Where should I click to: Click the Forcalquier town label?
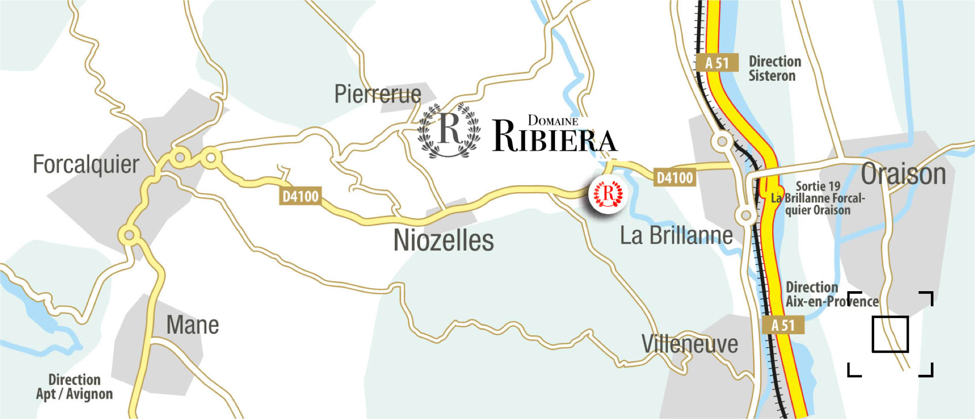[86, 164]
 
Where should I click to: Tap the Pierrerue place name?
[378, 94]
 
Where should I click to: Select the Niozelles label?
[443, 240]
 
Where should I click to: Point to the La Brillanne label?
[677, 235]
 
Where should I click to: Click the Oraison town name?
[904, 174]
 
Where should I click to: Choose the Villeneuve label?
[690, 344]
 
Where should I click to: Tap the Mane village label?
[193, 325]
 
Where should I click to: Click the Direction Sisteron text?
[775, 68]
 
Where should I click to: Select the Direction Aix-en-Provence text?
[832, 295]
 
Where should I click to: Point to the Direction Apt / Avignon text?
[74, 387]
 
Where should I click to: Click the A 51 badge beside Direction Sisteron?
[717, 63]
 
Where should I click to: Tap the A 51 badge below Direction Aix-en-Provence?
[783, 325]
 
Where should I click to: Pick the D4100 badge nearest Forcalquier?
[301, 196]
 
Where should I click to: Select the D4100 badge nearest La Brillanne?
[674, 178]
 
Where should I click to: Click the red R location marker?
[608, 194]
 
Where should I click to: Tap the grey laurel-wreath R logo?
[449, 130]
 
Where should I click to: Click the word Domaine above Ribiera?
[553, 121]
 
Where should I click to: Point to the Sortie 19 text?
[817, 186]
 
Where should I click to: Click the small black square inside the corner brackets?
[890, 334]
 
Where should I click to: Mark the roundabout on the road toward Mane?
[129, 235]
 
